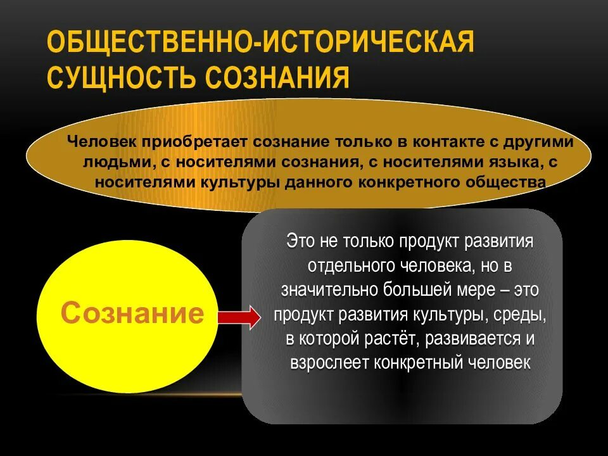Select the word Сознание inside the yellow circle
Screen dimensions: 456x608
coord(133,313)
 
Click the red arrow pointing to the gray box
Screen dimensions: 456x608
coord(238,315)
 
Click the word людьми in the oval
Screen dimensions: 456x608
coord(118,162)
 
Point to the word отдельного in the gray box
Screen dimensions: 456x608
coord(347,265)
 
